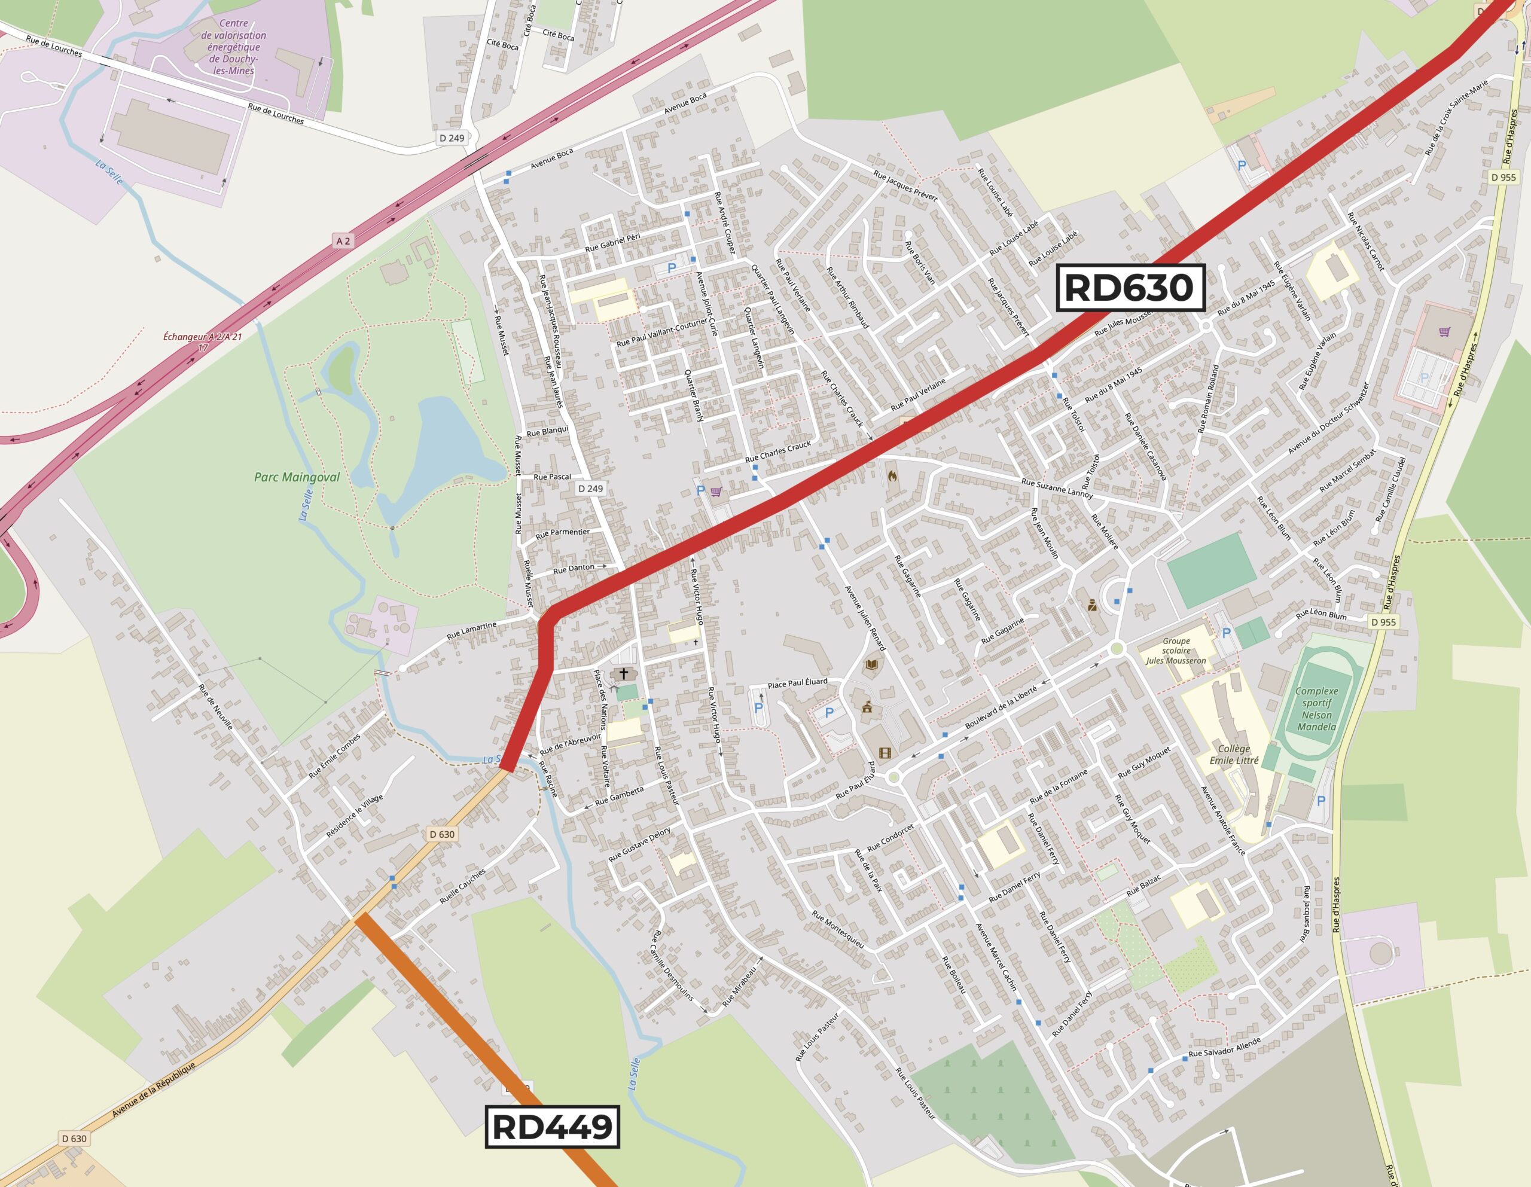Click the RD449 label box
coord(553,1127)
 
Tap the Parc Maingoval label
coord(297,477)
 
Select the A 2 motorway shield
coord(343,241)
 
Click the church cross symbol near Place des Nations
coord(624,674)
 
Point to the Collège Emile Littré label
coord(1234,755)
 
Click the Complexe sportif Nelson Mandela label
coord(1316,709)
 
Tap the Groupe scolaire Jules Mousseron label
coord(1176,651)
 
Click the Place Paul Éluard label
coord(797,682)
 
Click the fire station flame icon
coord(892,476)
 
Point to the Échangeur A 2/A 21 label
coord(203,341)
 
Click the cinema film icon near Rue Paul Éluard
coord(885,753)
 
